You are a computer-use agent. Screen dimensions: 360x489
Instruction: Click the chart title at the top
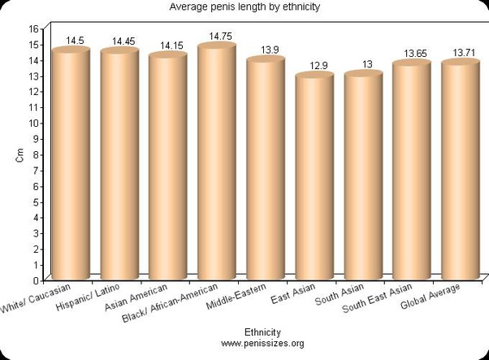[244, 7]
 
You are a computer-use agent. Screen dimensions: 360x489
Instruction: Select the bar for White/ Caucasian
[70, 163]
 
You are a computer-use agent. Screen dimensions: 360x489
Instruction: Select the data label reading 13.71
[465, 52]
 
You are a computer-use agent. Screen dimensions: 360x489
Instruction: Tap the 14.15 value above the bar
[172, 46]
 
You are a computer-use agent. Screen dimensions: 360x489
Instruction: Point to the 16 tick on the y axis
[34, 28]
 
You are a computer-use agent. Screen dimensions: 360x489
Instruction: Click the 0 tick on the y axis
[37, 280]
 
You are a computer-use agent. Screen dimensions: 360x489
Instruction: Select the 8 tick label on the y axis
[37, 154]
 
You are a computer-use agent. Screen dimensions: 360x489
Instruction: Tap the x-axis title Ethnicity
[262, 332]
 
